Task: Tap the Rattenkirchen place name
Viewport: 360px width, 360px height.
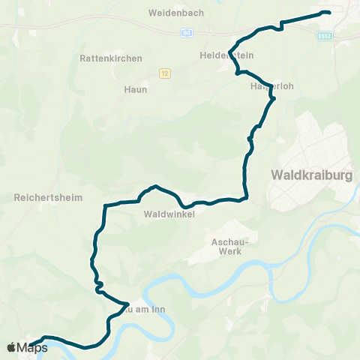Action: click(105, 58)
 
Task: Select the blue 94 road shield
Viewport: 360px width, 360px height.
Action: click(187, 33)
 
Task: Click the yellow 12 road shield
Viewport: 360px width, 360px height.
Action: click(164, 73)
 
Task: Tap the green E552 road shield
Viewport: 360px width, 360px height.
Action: click(325, 35)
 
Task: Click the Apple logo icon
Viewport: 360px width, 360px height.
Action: click(12, 347)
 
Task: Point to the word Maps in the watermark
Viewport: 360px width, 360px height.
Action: click(32, 347)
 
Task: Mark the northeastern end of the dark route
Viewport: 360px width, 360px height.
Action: click(328, 13)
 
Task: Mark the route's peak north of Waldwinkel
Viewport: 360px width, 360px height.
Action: click(155, 186)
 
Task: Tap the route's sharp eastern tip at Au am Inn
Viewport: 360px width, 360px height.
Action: click(128, 304)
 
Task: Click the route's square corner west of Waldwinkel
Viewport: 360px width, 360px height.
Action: click(105, 205)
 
